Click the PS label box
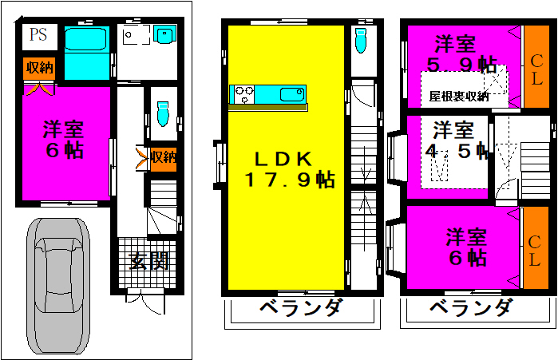coord(40,37)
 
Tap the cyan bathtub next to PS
coord(85,39)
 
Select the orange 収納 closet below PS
coord(39,68)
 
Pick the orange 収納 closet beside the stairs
coord(164,158)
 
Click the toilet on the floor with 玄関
coord(163,113)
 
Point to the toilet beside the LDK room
coord(361,40)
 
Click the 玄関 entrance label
coord(148,262)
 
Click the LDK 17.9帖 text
coord(289,169)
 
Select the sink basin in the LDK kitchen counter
coord(292,95)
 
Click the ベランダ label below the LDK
coord(302,307)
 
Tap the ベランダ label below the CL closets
coord(472,307)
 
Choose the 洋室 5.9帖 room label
coord(461,54)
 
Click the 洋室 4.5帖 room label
coord(457,140)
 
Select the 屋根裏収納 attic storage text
coord(459,96)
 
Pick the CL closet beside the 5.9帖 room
coord(536,66)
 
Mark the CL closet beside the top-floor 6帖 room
coord(535,248)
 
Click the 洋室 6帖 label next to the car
coord(63,140)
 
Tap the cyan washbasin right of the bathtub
coord(164,34)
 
